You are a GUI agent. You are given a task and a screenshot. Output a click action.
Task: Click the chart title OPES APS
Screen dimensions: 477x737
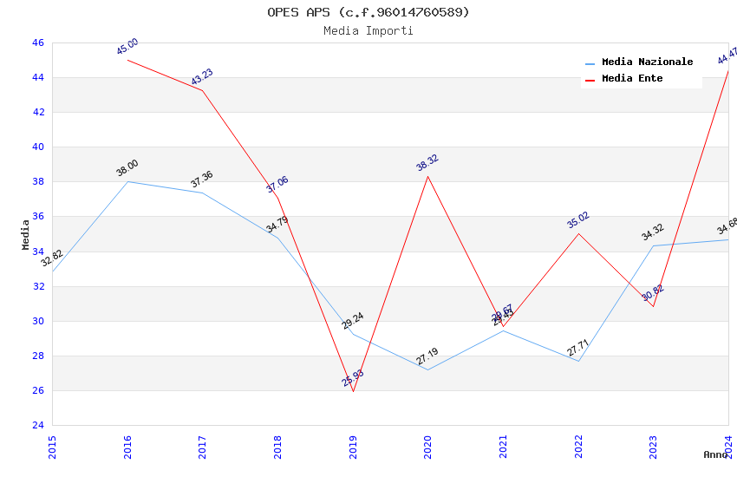point(368,12)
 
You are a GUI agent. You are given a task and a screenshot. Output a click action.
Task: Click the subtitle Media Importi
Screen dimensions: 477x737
point(368,31)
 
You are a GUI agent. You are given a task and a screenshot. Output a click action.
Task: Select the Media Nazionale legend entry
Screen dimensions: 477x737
point(647,62)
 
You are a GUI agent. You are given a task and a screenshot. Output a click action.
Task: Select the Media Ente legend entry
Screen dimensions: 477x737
point(632,79)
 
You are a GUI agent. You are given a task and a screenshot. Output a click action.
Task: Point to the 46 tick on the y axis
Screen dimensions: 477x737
point(37,42)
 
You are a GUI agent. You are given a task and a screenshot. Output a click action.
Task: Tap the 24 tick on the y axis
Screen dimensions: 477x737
point(37,425)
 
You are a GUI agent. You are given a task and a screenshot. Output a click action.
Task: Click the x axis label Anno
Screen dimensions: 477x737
point(715,454)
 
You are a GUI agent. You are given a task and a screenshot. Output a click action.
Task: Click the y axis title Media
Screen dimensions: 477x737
point(26,234)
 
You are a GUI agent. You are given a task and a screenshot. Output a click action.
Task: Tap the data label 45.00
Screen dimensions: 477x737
point(127,47)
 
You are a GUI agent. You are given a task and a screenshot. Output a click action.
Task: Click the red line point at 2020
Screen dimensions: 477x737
point(427,176)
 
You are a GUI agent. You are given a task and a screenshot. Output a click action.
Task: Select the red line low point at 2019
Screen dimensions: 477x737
point(353,391)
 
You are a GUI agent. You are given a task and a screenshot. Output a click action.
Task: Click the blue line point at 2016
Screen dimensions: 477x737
point(127,181)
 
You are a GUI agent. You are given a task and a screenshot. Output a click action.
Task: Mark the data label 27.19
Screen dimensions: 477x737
point(427,356)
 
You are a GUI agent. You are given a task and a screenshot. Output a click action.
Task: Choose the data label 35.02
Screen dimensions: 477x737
point(578,220)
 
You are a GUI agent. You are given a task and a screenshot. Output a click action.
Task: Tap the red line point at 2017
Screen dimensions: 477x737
point(202,90)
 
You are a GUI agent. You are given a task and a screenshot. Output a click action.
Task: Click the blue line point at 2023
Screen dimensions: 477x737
point(653,245)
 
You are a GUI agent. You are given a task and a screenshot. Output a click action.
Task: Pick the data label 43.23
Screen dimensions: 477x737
point(202,77)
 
